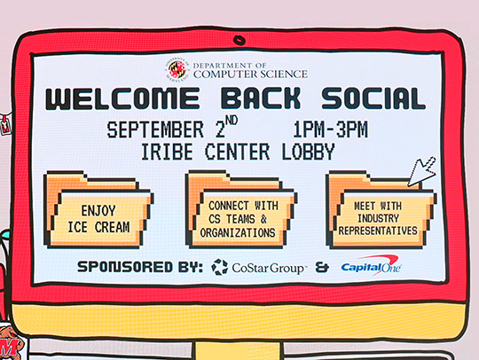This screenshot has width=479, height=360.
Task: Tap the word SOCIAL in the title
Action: (371, 98)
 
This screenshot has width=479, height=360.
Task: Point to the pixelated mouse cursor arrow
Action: (421, 170)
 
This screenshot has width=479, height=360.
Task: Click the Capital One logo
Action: (370, 266)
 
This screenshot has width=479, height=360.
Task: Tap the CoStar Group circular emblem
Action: (220, 266)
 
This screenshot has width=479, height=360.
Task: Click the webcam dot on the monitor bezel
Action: (238, 40)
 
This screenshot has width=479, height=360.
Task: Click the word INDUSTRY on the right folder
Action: (378, 218)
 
